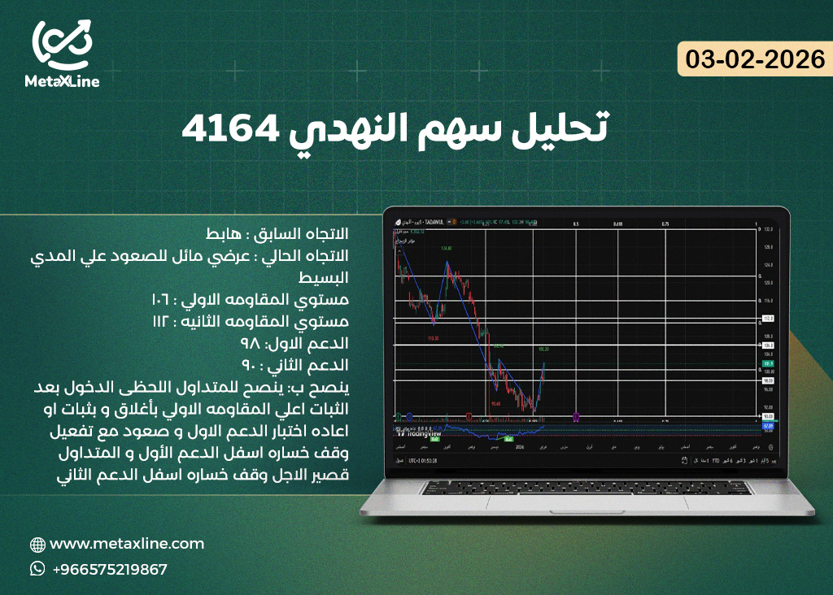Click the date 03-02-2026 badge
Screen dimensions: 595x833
[755, 59]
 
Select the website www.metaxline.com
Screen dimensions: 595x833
[127, 544]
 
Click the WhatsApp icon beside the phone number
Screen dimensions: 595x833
[37, 569]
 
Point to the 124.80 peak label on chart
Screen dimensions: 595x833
[446, 248]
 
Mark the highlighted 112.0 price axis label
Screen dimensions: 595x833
[767, 318]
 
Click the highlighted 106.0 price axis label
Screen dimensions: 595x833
[767, 345]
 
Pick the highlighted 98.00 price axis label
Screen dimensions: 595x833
[767, 380]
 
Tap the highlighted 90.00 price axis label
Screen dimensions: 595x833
[767, 417]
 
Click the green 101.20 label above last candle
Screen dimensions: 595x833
[543, 349]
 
